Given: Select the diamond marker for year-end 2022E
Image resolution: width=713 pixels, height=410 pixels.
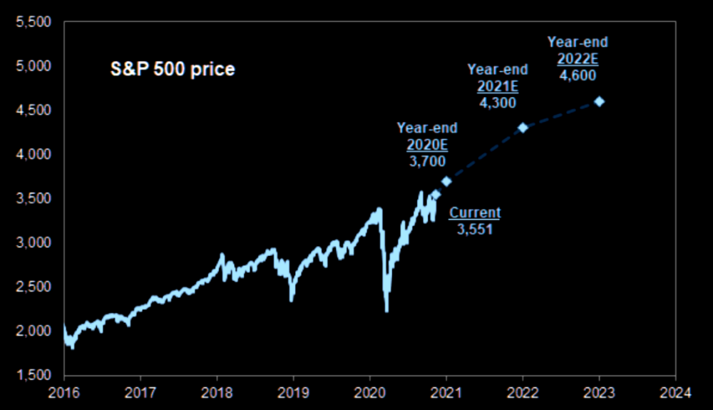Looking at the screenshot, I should pyautogui.click(x=599, y=101).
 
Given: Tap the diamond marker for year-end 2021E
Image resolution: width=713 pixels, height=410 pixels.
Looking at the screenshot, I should pyautogui.click(x=523, y=128).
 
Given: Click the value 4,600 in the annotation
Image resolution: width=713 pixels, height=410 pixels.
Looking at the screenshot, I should pyautogui.click(x=578, y=74).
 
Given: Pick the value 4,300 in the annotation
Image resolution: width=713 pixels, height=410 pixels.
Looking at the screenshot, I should pyautogui.click(x=498, y=101).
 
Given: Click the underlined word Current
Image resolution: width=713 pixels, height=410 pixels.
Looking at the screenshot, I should pyautogui.click(x=475, y=212).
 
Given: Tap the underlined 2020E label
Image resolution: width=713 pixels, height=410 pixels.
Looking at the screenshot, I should pyautogui.click(x=427, y=145).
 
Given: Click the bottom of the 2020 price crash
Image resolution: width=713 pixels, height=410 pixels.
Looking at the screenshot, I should pyautogui.click(x=386, y=310).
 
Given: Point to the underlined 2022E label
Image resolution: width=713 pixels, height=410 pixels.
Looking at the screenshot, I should pyautogui.click(x=578, y=58).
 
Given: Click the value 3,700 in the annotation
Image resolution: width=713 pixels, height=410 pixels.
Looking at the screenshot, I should pyautogui.click(x=427, y=161).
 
